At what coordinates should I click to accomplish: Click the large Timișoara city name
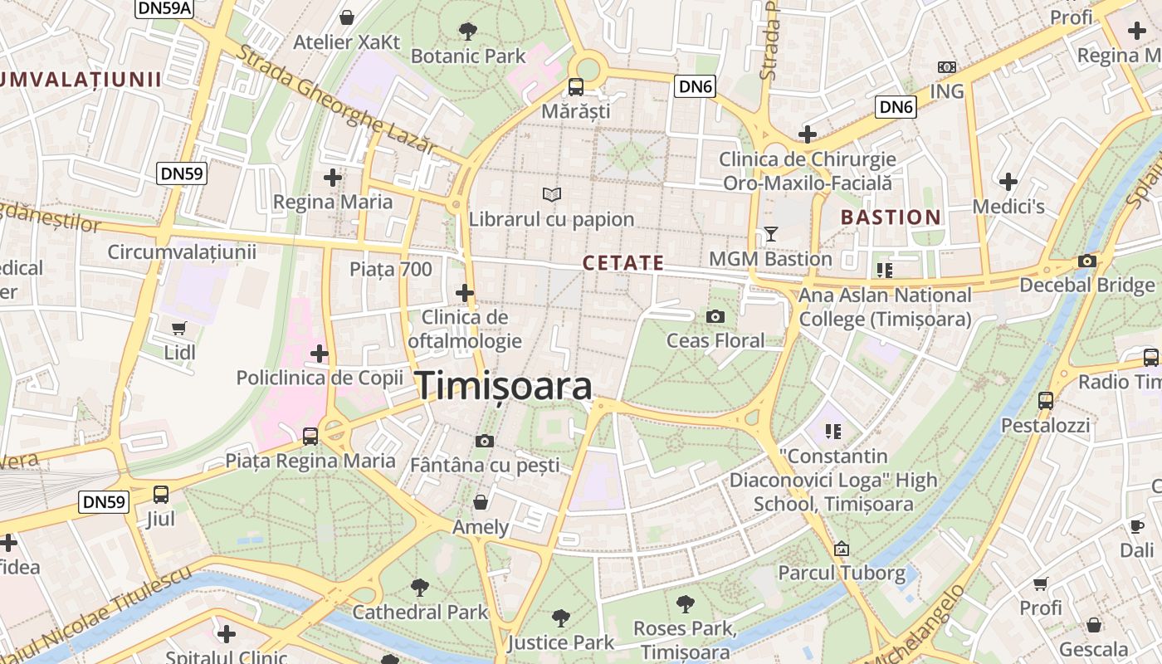(x=503, y=386)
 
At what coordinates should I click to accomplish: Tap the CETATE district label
(x=623, y=263)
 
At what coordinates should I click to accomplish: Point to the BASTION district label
(x=891, y=217)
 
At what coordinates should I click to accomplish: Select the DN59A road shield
(x=164, y=7)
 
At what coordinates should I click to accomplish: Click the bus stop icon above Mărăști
(x=575, y=86)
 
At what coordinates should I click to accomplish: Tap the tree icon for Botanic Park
(x=467, y=32)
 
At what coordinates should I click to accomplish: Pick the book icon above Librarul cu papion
(x=552, y=195)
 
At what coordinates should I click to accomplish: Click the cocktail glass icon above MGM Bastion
(x=770, y=234)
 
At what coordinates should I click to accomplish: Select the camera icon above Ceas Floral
(x=715, y=316)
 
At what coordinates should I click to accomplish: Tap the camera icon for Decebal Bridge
(x=1086, y=261)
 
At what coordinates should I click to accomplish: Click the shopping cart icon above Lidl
(x=179, y=328)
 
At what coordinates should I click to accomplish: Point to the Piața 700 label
(x=391, y=269)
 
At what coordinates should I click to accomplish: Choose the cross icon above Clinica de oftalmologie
(x=465, y=292)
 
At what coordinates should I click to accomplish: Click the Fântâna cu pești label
(x=485, y=465)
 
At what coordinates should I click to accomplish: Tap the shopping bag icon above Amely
(x=481, y=502)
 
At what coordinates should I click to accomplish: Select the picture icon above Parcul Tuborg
(x=842, y=549)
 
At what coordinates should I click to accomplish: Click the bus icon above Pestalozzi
(x=1045, y=400)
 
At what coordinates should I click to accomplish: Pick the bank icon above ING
(x=947, y=66)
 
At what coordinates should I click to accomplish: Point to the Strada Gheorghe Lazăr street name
(x=336, y=98)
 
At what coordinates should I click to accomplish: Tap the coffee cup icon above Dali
(x=1136, y=525)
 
